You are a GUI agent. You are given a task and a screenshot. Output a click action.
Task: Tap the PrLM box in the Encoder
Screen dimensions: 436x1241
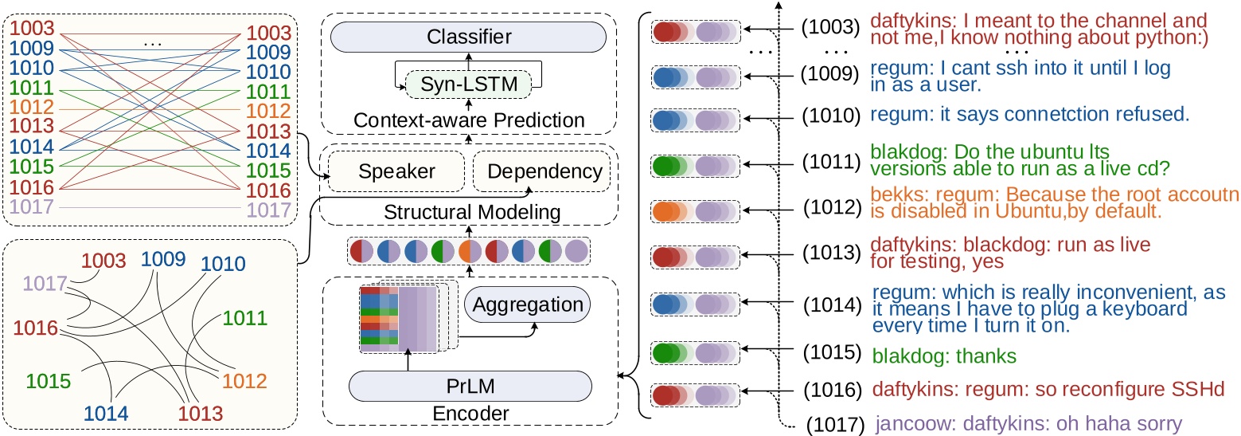click(x=470, y=387)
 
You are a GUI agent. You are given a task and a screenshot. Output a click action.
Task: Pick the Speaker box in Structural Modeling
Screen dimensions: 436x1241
click(x=396, y=171)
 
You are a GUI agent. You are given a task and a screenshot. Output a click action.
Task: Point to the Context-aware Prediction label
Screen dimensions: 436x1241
click(x=468, y=121)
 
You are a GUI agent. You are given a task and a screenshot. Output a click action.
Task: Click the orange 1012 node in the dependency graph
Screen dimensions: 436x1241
click(x=243, y=381)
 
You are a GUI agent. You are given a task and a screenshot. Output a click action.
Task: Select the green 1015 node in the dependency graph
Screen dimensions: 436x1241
click(x=49, y=381)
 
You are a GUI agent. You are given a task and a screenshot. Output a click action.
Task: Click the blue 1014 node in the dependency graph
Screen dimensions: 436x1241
click(x=106, y=413)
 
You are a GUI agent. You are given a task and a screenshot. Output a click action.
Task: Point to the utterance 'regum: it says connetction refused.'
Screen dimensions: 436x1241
click(x=1029, y=115)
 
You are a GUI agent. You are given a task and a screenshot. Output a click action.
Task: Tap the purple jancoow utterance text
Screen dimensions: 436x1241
click(x=1028, y=423)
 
